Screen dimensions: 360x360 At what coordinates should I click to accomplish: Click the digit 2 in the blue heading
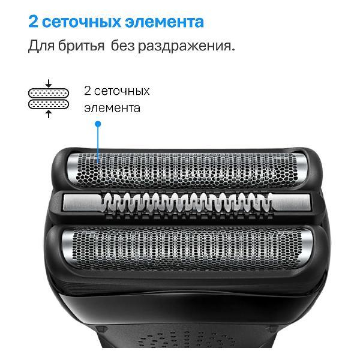pos(34,22)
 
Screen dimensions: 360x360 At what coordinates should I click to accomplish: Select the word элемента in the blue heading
pos(166,22)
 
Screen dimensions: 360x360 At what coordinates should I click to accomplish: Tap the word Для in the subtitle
pos(41,46)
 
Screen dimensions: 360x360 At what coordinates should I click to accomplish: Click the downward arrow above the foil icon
pos(49,83)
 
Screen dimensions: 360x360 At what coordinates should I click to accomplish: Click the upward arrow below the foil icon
pos(49,114)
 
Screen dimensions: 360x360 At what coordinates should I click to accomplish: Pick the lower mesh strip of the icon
pos(49,104)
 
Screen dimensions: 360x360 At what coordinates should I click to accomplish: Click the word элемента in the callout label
pos(112,108)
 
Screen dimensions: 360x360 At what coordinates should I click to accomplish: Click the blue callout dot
pos(98,124)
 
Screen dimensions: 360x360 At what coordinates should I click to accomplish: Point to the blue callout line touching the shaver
pos(98,144)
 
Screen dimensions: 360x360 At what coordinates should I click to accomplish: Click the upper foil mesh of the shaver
pos(186,170)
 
